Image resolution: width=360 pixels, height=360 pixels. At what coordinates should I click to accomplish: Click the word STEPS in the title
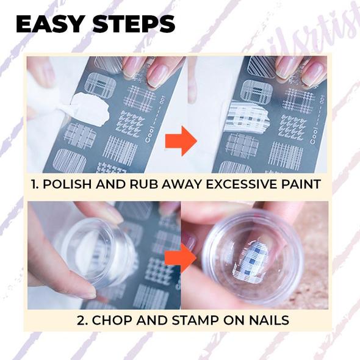click(x=134, y=24)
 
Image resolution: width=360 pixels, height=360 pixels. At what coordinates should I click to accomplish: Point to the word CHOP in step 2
click(x=112, y=320)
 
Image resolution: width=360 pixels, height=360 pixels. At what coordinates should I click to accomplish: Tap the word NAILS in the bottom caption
click(x=269, y=320)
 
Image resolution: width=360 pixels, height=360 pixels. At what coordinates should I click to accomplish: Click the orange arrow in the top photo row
click(x=181, y=141)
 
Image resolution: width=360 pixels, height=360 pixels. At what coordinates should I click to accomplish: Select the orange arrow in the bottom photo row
click(x=181, y=257)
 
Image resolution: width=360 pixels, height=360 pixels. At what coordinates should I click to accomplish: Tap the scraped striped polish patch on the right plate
click(x=246, y=117)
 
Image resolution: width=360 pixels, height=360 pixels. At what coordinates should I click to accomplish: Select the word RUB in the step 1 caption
click(x=143, y=184)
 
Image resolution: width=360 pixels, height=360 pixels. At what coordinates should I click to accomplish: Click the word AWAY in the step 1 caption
click(x=181, y=184)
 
